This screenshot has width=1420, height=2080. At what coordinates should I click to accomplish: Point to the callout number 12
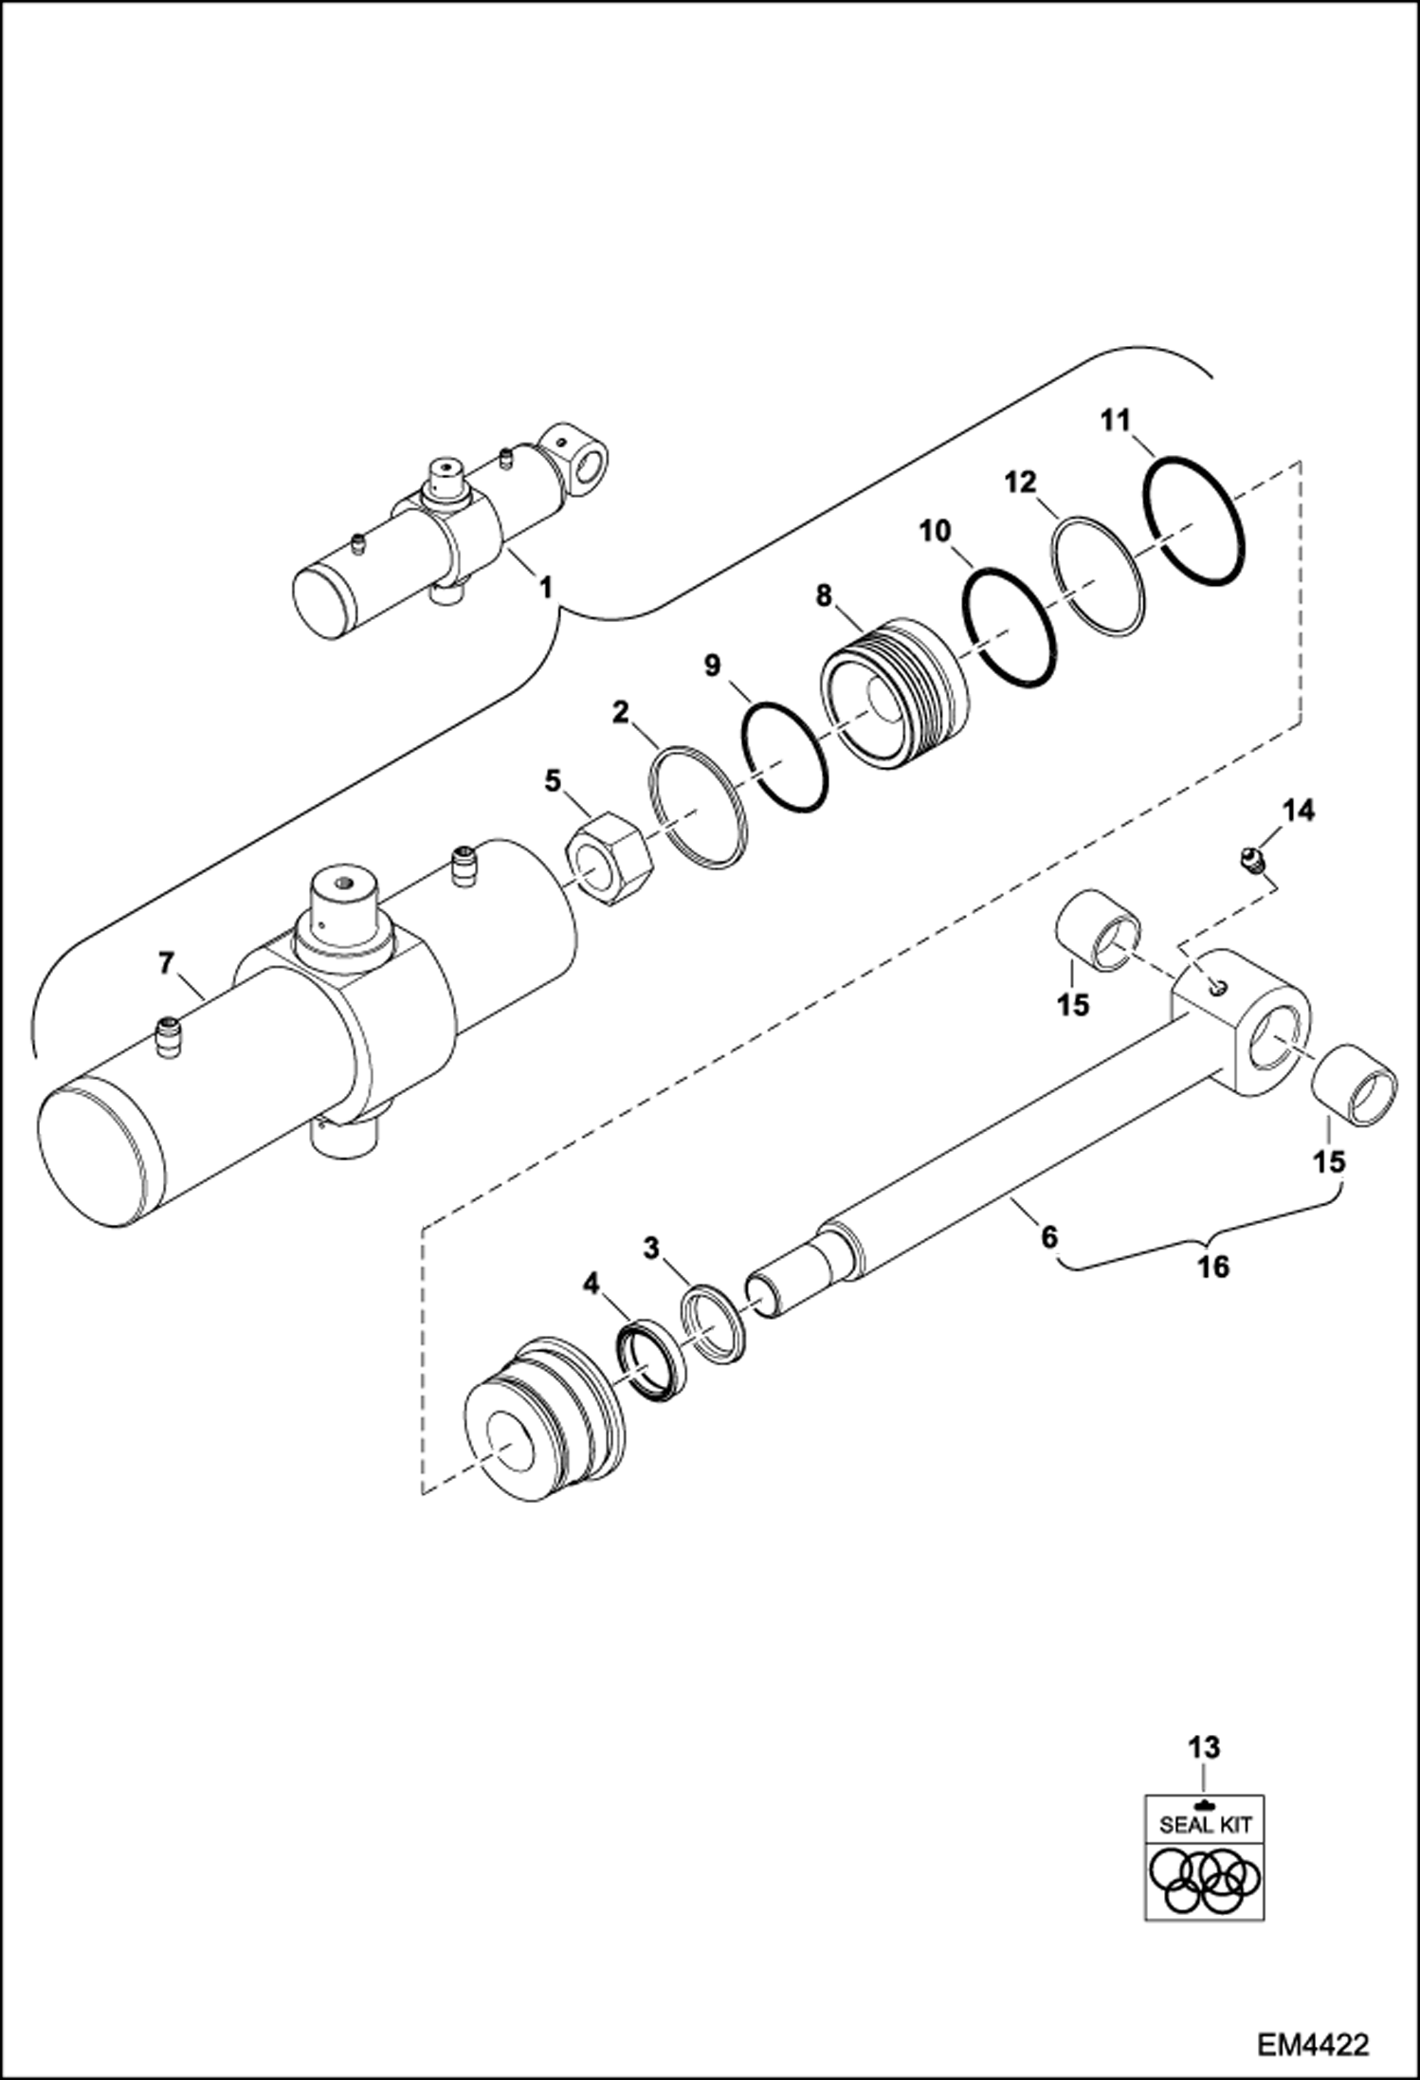(x=1022, y=483)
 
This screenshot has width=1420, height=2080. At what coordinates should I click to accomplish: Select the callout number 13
(x=1204, y=1745)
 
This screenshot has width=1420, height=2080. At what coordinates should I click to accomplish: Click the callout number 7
(x=166, y=965)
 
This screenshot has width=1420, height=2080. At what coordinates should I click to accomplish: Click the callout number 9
(x=712, y=665)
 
